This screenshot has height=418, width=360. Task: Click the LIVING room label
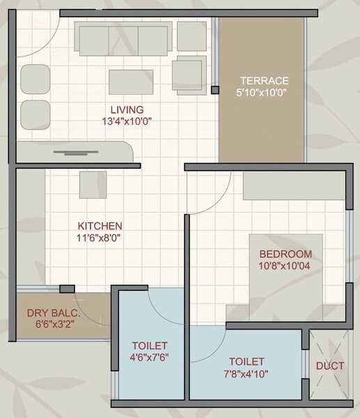(x=127, y=109)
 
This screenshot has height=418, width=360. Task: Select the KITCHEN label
(x=100, y=226)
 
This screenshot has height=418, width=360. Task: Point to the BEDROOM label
(x=285, y=254)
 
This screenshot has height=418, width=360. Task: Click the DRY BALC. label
(x=54, y=313)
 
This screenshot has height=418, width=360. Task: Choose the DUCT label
(x=329, y=365)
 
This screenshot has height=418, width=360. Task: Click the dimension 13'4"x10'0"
(x=127, y=121)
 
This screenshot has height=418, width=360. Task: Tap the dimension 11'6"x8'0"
(x=100, y=237)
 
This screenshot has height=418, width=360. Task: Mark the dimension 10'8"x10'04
(x=285, y=265)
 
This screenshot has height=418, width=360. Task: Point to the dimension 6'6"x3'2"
(x=54, y=325)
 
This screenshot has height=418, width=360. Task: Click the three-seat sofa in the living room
(x=122, y=39)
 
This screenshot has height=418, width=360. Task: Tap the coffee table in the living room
(x=130, y=82)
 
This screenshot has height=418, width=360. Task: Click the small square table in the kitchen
(x=93, y=185)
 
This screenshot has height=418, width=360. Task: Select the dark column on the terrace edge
(x=214, y=90)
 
